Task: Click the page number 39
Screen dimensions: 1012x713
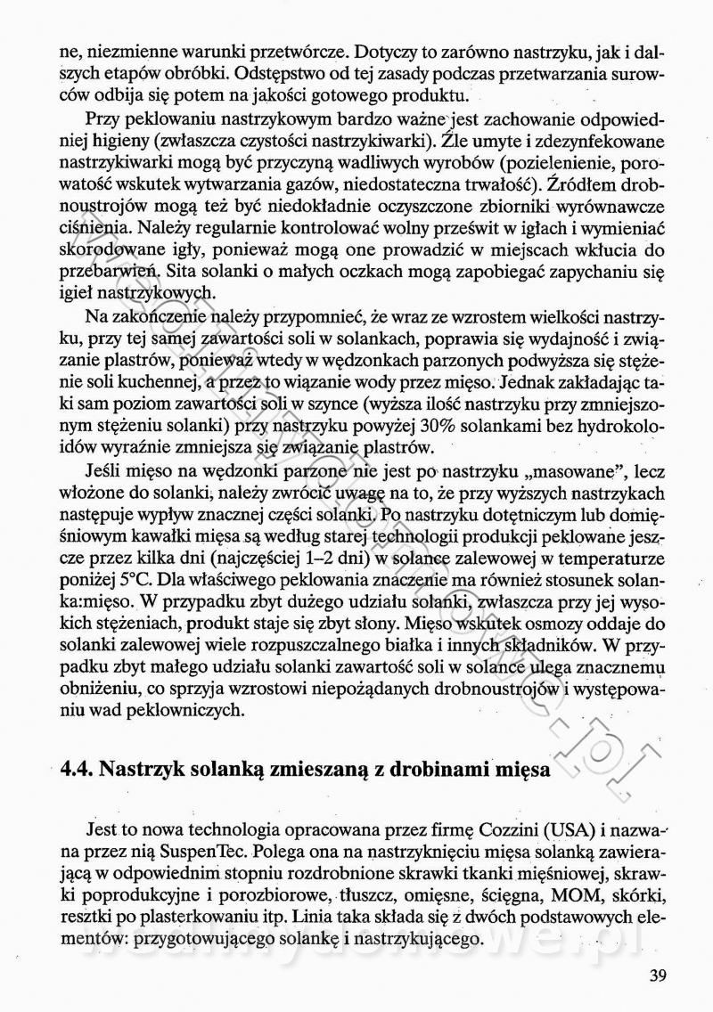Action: click(x=658, y=975)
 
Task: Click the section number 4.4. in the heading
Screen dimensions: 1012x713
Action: click(x=76, y=769)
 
